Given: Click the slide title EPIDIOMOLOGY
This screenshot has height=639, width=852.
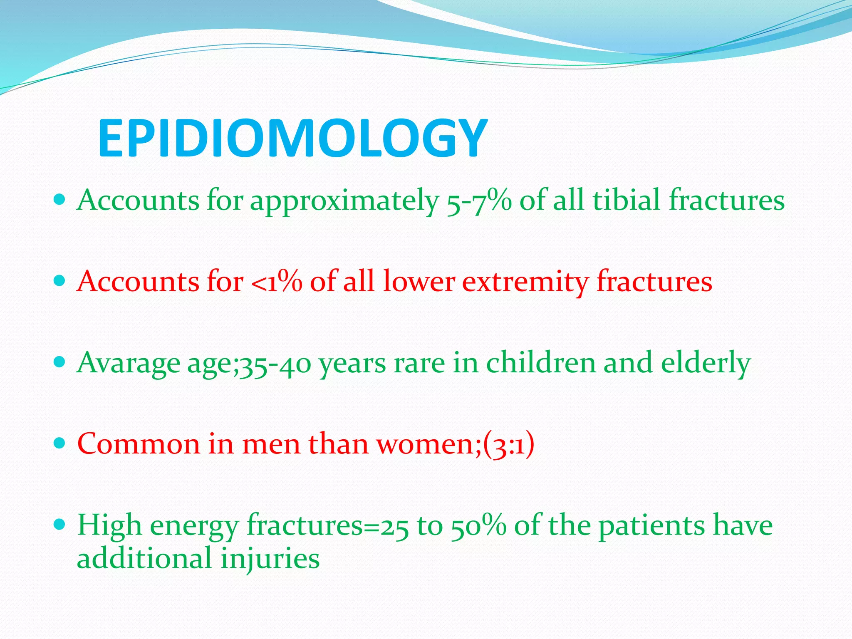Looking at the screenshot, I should (292, 138).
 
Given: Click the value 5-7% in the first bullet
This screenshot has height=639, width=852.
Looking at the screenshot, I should (478, 201).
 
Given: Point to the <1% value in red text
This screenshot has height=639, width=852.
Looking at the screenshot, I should (276, 282).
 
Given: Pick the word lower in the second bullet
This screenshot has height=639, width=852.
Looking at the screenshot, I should (419, 281).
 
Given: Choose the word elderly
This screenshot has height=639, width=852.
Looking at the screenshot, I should (706, 363).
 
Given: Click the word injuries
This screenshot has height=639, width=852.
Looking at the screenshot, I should (270, 558).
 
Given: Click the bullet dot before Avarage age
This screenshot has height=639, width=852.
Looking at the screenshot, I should (60, 362).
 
